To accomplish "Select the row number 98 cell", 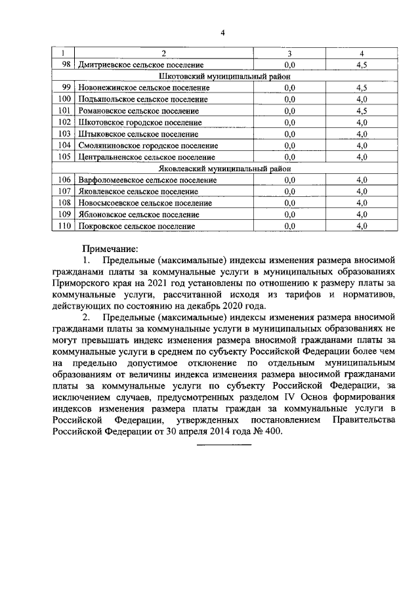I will pyautogui.click(x=64, y=65).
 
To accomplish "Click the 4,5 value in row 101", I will pyautogui.click(x=361, y=111).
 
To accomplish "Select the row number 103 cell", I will pyautogui.click(x=64, y=134).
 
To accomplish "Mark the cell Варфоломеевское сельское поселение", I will pyautogui.click(x=146, y=180).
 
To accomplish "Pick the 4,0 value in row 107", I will pyautogui.click(x=361, y=191).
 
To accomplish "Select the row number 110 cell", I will pyautogui.click(x=64, y=226).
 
